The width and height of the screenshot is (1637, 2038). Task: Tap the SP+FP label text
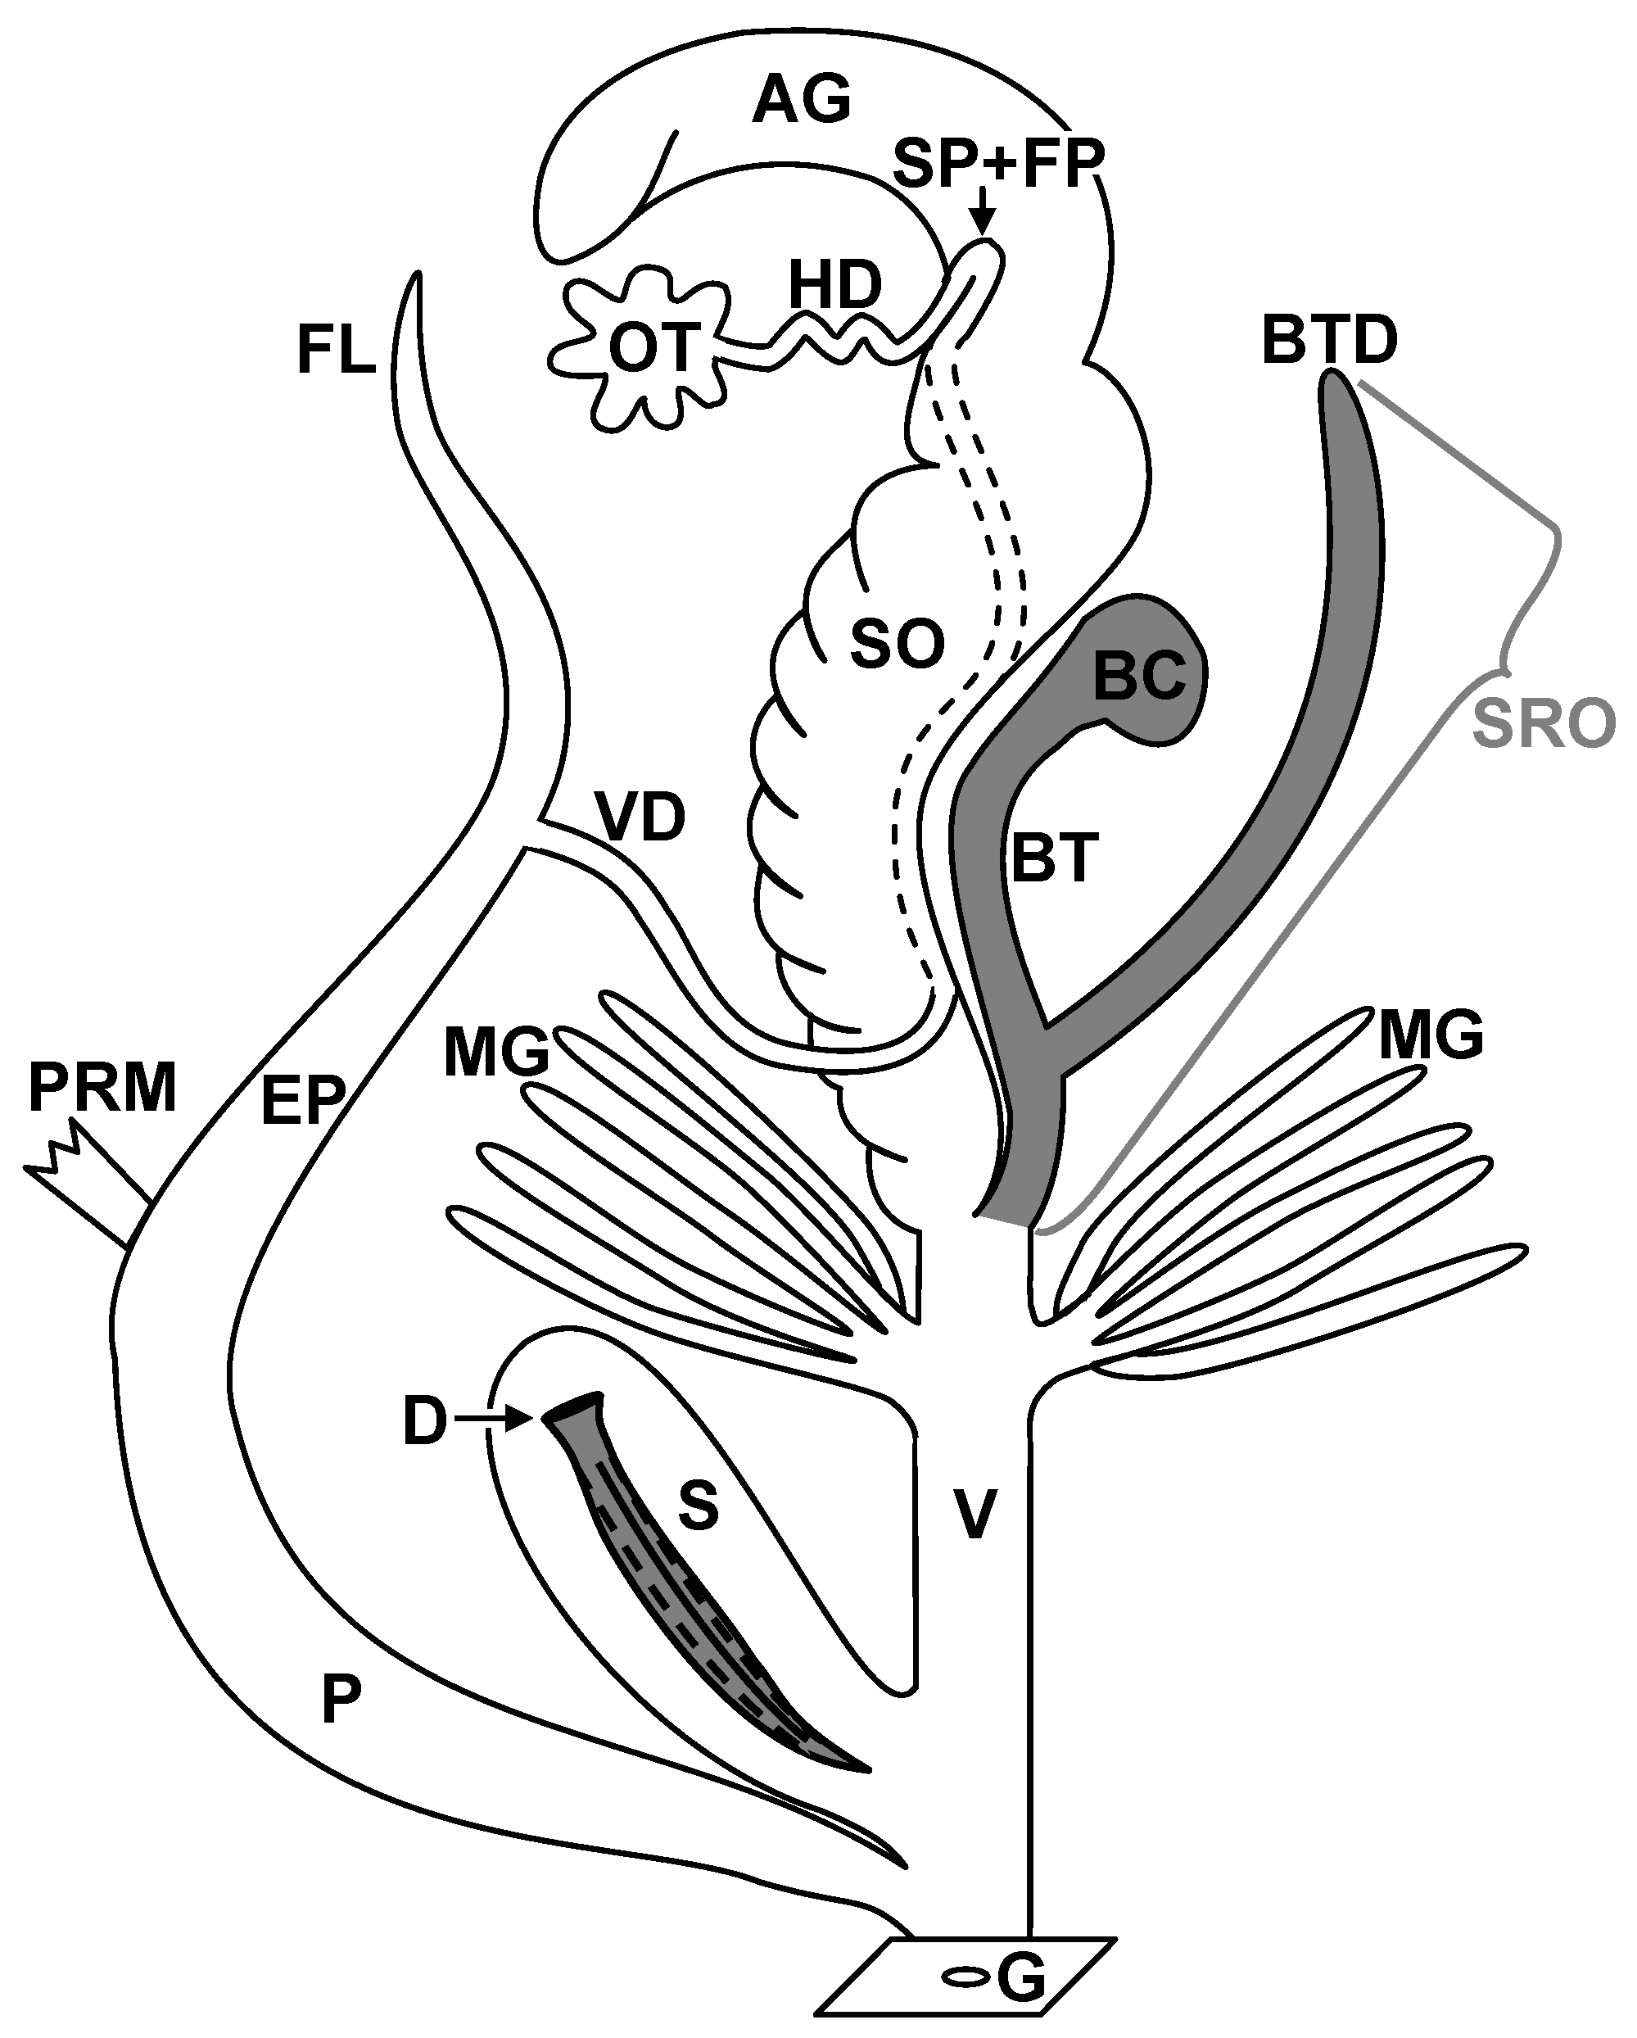(998, 165)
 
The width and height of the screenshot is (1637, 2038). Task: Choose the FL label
(337, 350)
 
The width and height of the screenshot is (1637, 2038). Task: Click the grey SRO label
(1544, 725)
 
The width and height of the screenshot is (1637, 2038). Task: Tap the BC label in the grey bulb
(1139, 676)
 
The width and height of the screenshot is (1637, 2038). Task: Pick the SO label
(897, 645)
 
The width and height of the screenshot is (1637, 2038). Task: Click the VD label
(642, 817)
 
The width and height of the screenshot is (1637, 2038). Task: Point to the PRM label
(102, 1088)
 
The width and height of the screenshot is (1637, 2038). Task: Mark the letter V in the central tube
(973, 1515)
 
